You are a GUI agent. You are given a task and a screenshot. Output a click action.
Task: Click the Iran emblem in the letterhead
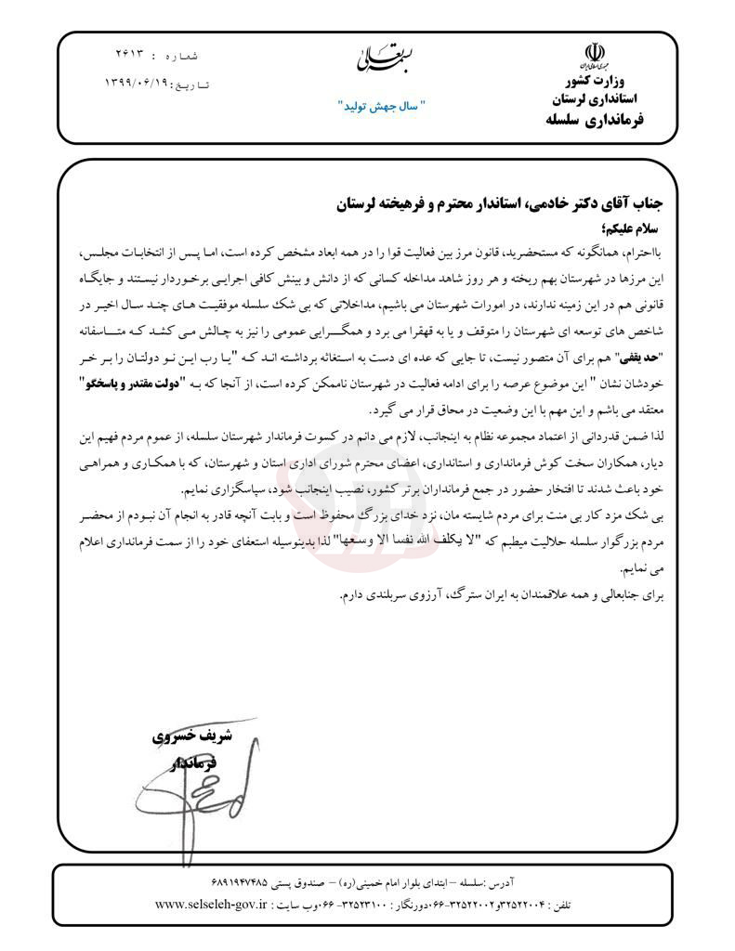(590, 54)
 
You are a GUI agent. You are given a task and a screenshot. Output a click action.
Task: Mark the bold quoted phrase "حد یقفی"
(634, 358)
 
